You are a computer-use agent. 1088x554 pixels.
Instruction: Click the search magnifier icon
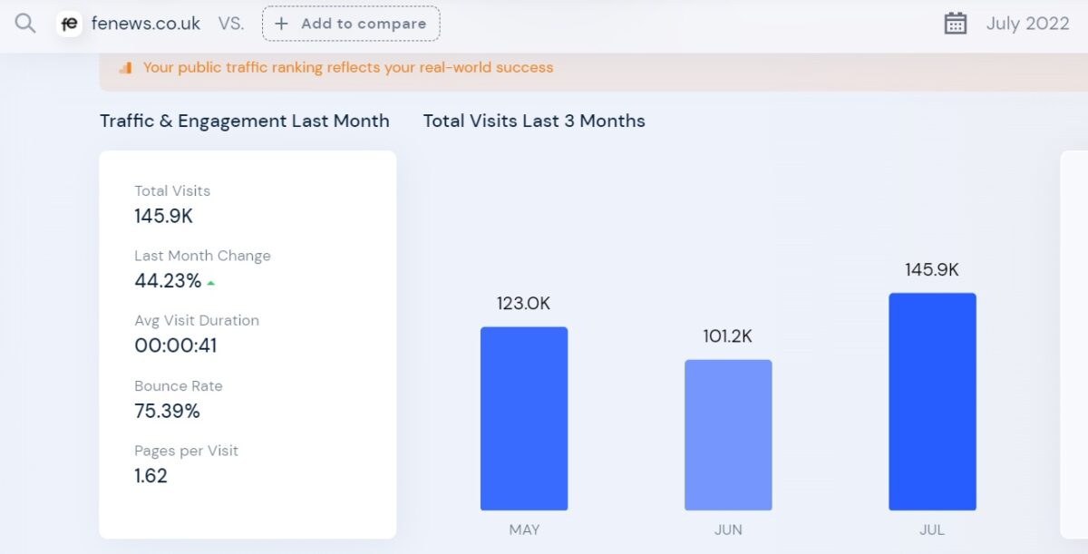click(x=25, y=24)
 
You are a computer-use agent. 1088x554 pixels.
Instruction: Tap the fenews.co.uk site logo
click(x=69, y=24)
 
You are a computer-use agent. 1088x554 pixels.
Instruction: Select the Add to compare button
click(x=351, y=24)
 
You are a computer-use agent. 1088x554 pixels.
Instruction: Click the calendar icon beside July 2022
click(x=956, y=24)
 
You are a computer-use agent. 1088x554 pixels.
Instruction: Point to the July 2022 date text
click(x=1027, y=24)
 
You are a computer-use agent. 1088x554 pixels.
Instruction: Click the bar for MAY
click(x=524, y=418)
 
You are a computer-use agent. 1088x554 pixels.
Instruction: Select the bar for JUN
click(x=728, y=434)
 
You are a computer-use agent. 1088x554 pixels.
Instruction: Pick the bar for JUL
click(x=932, y=401)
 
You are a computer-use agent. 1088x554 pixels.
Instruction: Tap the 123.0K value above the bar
click(x=523, y=304)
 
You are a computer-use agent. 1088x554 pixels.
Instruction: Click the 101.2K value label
click(x=727, y=336)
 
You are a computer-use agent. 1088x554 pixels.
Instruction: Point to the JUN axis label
click(x=728, y=530)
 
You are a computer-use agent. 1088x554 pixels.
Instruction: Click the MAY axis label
click(x=524, y=530)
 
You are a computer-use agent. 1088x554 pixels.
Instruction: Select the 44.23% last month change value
click(x=168, y=281)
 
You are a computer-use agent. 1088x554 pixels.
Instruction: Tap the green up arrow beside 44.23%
click(x=211, y=283)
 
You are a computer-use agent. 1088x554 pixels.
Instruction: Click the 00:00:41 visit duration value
click(x=176, y=345)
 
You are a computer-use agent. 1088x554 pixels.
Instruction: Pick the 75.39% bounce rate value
click(x=167, y=411)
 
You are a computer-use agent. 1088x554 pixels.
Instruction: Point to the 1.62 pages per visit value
click(x=151, y=476)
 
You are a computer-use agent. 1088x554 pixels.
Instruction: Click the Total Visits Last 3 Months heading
click(x=534, y=121)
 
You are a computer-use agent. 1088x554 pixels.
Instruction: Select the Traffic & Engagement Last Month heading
click(x=245, y=121)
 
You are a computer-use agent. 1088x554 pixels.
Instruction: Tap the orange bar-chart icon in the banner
click(x=125, y=68)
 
